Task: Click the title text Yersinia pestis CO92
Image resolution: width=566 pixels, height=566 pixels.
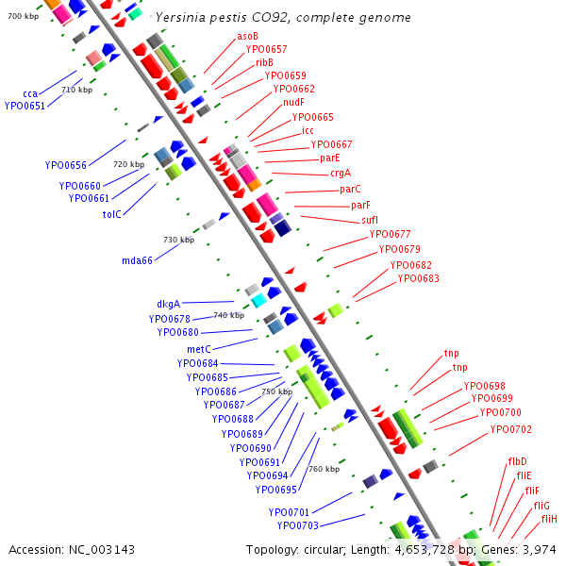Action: pyautogui.click(x=283, y=18)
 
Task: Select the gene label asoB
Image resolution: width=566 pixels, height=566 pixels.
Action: pyautogui.click(x=248, y=36)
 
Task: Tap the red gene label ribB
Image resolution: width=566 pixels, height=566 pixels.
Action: pyautogui.click(x=264, y=62)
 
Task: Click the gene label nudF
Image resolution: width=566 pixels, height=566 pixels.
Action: pyautogui.click(x=293, y=102)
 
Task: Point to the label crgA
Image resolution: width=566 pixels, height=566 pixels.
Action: pyautogui.click(x=340, y=173)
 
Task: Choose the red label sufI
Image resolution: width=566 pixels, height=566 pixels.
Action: pyautogui.click(x=369, y=220)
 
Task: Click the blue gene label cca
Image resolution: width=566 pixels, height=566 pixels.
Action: pyautogui.click(x=30, y=93)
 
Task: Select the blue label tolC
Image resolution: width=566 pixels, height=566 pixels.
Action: pyautogui.click(x=112, y=213)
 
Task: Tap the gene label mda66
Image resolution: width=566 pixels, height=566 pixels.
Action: pyautogui.click(x=137, y=260)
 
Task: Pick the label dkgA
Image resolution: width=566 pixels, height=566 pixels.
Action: pyautogui.click(x=168, y=304)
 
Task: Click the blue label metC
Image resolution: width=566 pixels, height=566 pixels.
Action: pyautogui.click(x=198, y=349)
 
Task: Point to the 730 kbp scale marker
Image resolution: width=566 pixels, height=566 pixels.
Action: pyautogui.click(x=178, y=240)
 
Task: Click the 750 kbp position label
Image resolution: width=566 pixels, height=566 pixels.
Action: pyautogui.click(x=276, y=391)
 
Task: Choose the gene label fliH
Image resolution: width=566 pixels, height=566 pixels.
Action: pyautogui.click(x=549, y=519)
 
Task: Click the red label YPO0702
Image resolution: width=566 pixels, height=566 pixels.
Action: pyautogui.click(x=510, y=429)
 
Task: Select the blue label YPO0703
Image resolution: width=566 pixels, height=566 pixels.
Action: pyautogui.click(x=297, y=525)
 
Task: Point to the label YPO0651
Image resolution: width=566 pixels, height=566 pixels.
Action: pyautogui.click(x=25, y=106)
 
